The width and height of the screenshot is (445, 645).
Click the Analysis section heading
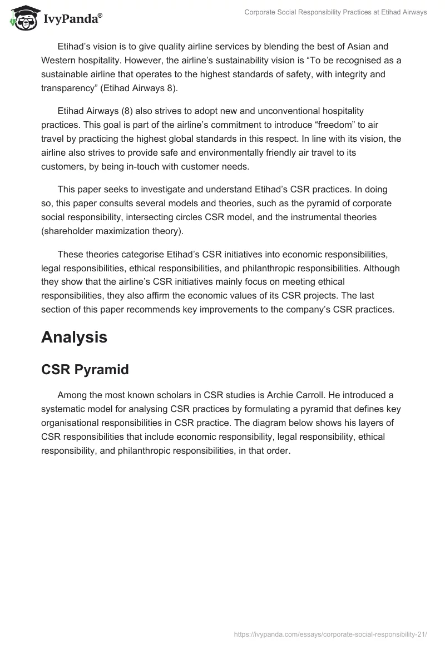(74, 337)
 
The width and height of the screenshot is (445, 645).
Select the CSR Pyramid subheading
(85, 370)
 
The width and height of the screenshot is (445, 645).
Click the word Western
(60, 60)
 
